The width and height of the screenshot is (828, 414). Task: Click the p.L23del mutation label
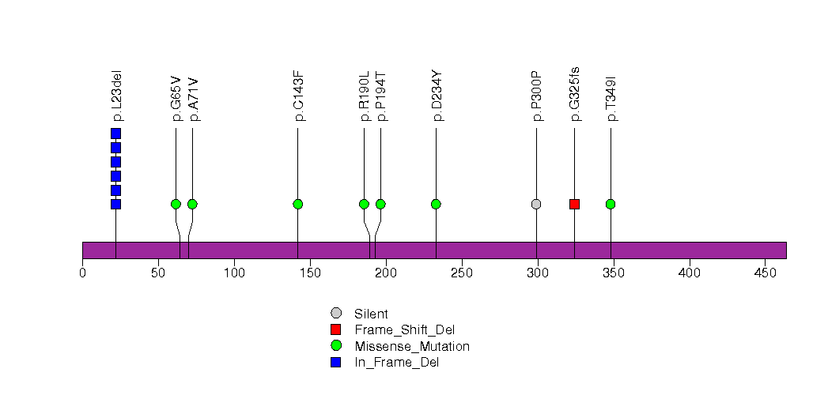pos(116,96)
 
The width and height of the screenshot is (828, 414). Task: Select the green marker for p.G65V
pos(176,204)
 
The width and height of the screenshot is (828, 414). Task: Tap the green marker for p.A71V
pos(192,204)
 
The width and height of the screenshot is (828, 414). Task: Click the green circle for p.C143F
pos(297,204)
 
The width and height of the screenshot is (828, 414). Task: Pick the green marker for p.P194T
pos(380,204)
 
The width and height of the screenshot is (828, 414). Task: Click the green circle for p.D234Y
pos(436,204)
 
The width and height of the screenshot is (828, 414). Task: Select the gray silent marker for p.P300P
pos(536,204)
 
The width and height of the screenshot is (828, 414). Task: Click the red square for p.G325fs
pos(574,204)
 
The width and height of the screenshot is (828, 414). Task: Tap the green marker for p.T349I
pos(611,204)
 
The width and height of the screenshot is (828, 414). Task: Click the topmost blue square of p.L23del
pos(115,134)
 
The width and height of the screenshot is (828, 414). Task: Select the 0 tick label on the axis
pos(82,273)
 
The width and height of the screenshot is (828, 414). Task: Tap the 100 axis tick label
pos(234,273)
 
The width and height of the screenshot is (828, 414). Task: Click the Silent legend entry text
pos(371,314)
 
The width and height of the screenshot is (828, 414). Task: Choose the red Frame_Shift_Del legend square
pos(336,329)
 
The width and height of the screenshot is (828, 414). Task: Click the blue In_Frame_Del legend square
pos(336,362)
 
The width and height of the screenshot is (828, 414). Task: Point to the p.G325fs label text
pos(575,95)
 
